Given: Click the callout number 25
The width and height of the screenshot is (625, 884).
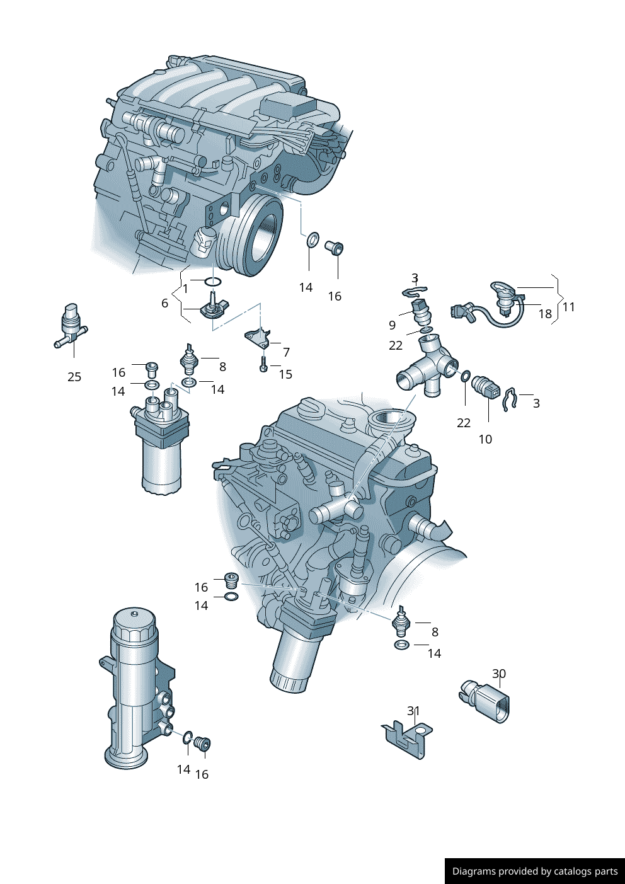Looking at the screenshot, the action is click(74, 377).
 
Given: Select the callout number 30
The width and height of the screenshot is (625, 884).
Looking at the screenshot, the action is click(499, 674).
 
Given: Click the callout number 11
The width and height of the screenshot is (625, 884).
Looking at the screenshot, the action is click(568, 307).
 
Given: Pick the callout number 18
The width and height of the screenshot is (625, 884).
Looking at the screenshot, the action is click(545, 314).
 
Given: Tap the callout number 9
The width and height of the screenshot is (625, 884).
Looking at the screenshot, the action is click(393, 324).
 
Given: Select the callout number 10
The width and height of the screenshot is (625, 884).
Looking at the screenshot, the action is click(485, 439).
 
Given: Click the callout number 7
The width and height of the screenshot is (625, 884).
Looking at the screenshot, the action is click(287, 352).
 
